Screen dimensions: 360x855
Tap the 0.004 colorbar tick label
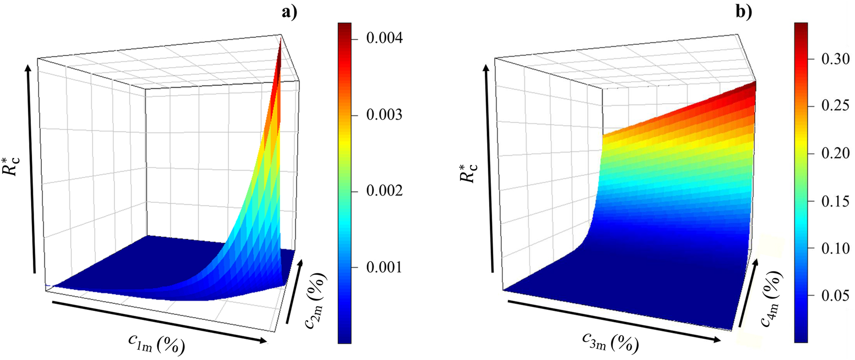384,38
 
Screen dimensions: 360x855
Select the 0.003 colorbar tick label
384,115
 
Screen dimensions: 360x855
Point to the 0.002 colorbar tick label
384,191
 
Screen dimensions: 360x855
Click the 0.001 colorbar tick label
384,267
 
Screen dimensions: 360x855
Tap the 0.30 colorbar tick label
835,59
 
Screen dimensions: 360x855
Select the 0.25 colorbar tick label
835,105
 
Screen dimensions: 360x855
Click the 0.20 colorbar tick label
835,153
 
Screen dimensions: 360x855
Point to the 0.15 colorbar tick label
835,201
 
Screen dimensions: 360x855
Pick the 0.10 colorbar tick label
835,248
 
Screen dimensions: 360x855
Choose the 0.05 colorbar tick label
835,296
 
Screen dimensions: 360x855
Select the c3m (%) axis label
610,341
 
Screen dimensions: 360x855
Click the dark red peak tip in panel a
281,42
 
